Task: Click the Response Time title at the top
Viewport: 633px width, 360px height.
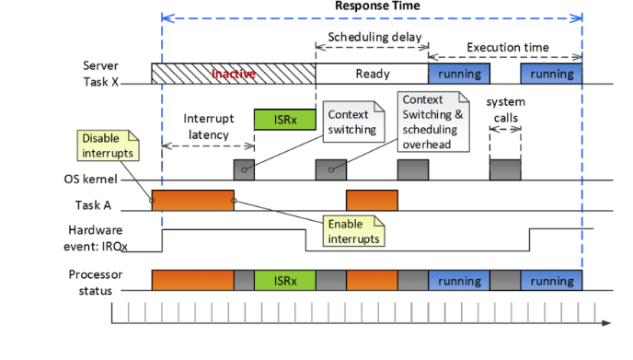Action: pos(372,6)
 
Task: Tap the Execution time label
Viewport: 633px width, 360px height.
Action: pos(508,48)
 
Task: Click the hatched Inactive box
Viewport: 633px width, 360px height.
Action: pos(234,74)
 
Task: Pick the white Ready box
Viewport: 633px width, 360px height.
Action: pos(372,74)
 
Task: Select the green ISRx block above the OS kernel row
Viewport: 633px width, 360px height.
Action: pos(284,119)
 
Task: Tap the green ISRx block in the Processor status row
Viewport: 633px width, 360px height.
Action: pos(284,281)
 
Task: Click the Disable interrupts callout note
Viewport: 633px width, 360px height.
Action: pos(107,145)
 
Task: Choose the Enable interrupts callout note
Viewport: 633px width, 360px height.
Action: pos(353,230)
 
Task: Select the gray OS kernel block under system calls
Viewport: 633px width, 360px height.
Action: pos(505,169)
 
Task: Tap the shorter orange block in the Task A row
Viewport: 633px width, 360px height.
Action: pos(372,201)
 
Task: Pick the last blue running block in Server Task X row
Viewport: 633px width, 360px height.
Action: pos(551,74)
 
